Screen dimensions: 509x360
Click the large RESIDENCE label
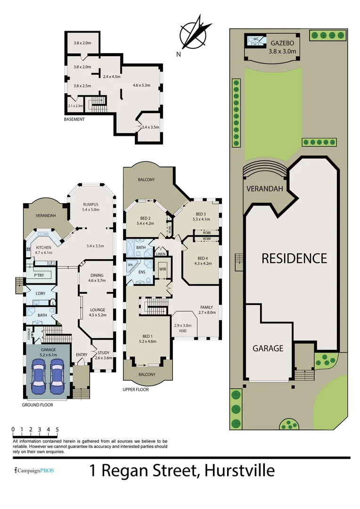pyautogui.click(x=294, y=258)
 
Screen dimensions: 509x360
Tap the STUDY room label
pyautogui.click(x=104, y=353)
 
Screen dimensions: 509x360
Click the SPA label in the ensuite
pyautogui.click(x=130, y=265)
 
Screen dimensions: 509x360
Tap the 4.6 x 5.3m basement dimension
pyautogui.click(x=141, y=85)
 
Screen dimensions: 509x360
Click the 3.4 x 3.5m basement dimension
pyautogui.click(x=151, y=127)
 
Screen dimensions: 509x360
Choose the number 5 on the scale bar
pyautogui.click(x=57, y=429)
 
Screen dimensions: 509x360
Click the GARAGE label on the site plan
pyautogui.click(x=268, y=348)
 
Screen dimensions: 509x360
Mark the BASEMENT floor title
pyautogui.click(x=74, y=119)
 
